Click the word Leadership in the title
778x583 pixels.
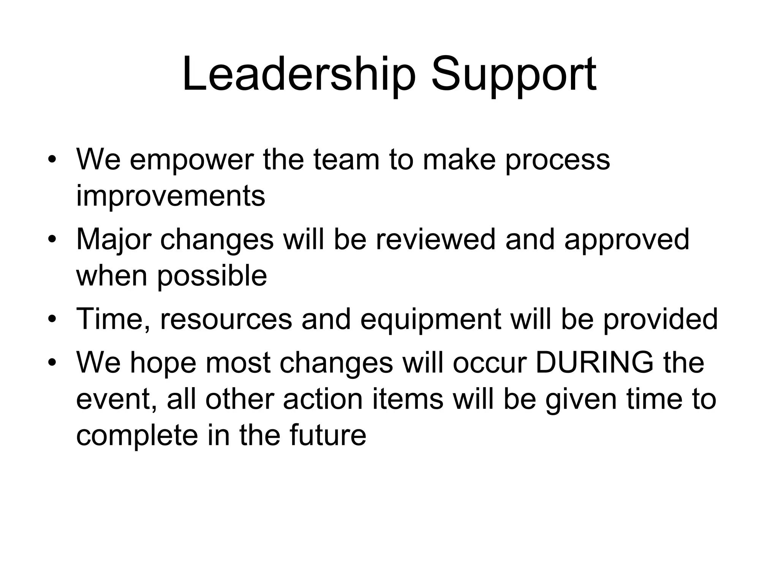(x=299, y=75)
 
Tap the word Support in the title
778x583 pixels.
(x=514, y=75)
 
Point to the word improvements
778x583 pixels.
(x=171, y=196)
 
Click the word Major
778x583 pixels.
(x=114, y=240)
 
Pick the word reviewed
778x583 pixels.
(x=435, y=239)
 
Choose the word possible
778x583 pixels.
(x=212, y=276)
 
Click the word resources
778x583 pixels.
(x=226, y=319)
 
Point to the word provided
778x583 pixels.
(x=660, y=319)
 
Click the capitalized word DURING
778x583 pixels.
(x=595, y=362)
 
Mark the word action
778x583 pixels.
(x=323, y=399)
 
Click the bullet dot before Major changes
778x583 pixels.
(x=52, y=240)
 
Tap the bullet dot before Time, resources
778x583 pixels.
(x=52, y=318)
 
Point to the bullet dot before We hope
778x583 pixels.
(x=52, y=362)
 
